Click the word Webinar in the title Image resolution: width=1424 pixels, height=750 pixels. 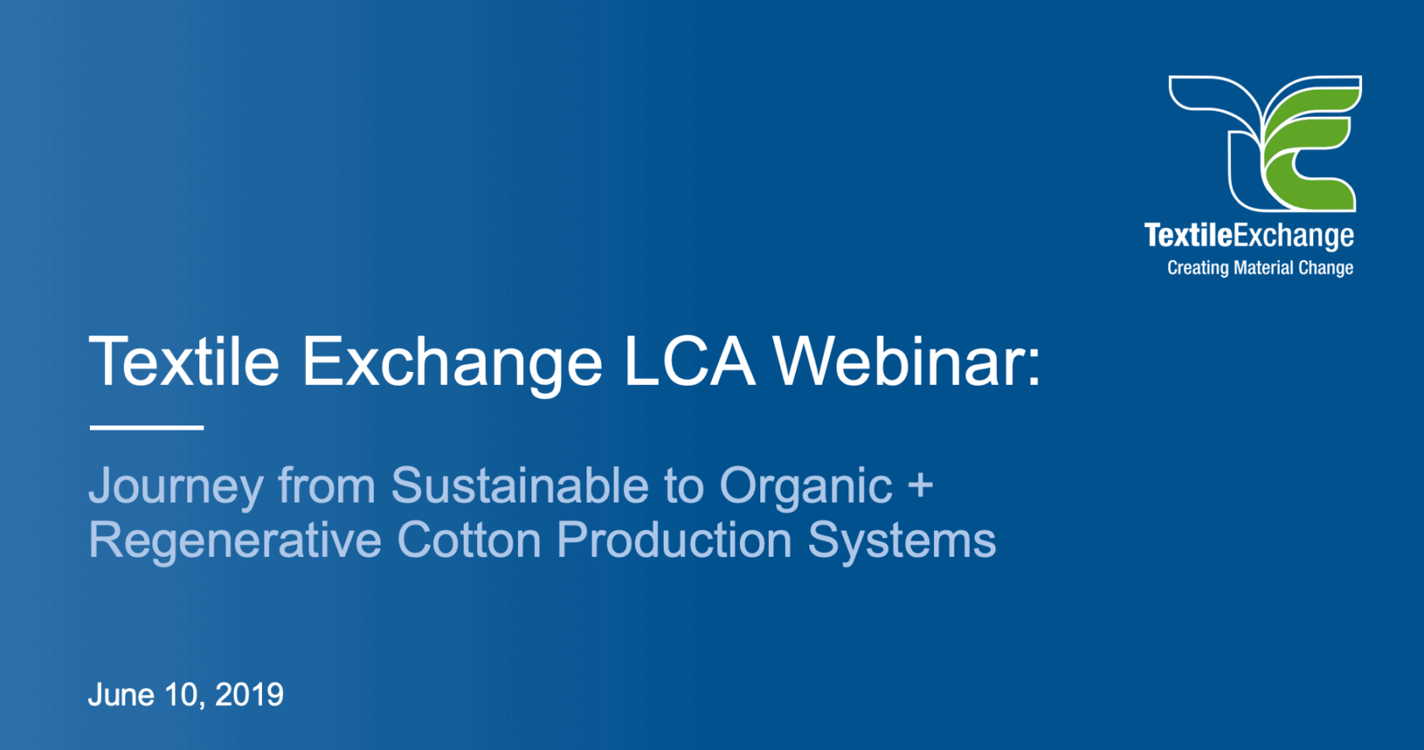pos(907,362)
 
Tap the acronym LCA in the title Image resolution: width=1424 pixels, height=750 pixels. pos(688,362)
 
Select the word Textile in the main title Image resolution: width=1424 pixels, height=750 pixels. pos(184,362)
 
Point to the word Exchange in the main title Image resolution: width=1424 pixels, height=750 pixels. pos(452,362)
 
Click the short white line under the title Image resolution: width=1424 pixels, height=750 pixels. pos(147,427)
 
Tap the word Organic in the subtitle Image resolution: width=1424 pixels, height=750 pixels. pos(805,487)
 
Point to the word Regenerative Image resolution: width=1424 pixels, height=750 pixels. pos(235,541)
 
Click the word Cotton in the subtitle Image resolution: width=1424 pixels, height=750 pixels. pos(469,540)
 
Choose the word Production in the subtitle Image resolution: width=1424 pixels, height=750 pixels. pos(674,540)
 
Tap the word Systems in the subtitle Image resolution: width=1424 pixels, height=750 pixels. pos(901,541)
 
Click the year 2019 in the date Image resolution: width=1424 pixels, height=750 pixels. pos(249,695)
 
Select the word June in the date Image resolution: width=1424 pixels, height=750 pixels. pos(121,695)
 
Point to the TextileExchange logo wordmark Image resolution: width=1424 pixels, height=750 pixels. pos(1249,236)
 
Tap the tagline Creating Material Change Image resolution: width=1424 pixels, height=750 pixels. pos(1260,268)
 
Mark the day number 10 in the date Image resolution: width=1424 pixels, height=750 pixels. pos(181,695)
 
